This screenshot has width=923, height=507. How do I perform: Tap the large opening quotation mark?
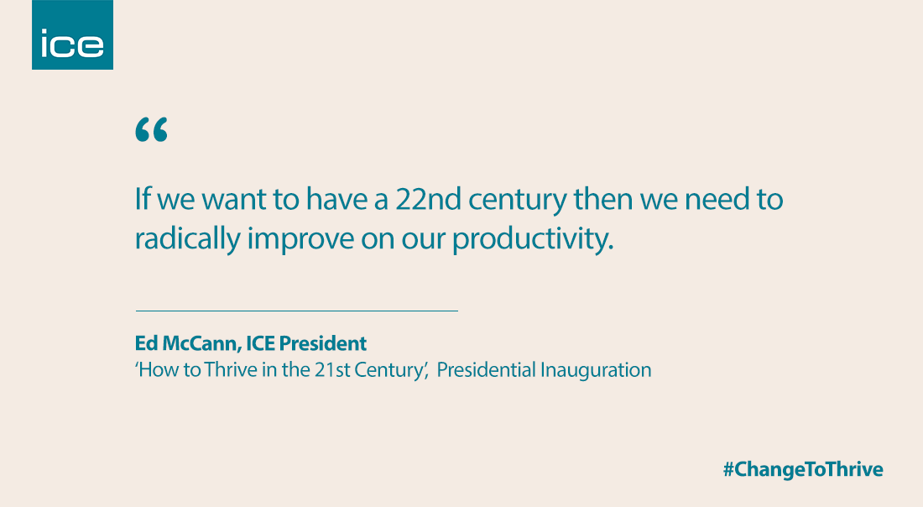point(151,130)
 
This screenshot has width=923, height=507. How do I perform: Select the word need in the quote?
point(708,200)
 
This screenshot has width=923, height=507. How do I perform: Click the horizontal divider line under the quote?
point(296,311)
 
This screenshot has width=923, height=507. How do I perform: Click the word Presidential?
point(484,369)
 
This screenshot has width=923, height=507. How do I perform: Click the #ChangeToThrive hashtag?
point(803,469)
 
